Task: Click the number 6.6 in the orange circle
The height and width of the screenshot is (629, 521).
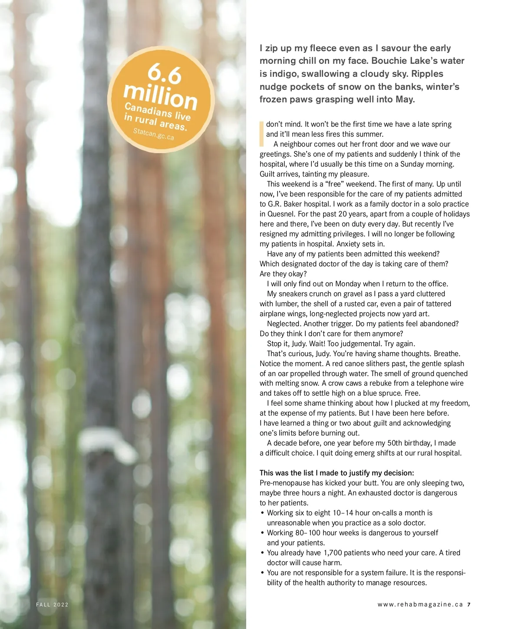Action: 165,74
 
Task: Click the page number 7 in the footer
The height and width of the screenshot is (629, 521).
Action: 469,605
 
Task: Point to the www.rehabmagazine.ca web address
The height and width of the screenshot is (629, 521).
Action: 420,605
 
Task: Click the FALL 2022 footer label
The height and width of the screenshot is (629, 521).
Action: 52,605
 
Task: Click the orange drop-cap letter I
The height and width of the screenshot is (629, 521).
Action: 261,134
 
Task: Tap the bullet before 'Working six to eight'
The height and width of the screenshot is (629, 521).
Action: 263,513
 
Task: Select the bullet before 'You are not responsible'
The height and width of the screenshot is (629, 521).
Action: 263,573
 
